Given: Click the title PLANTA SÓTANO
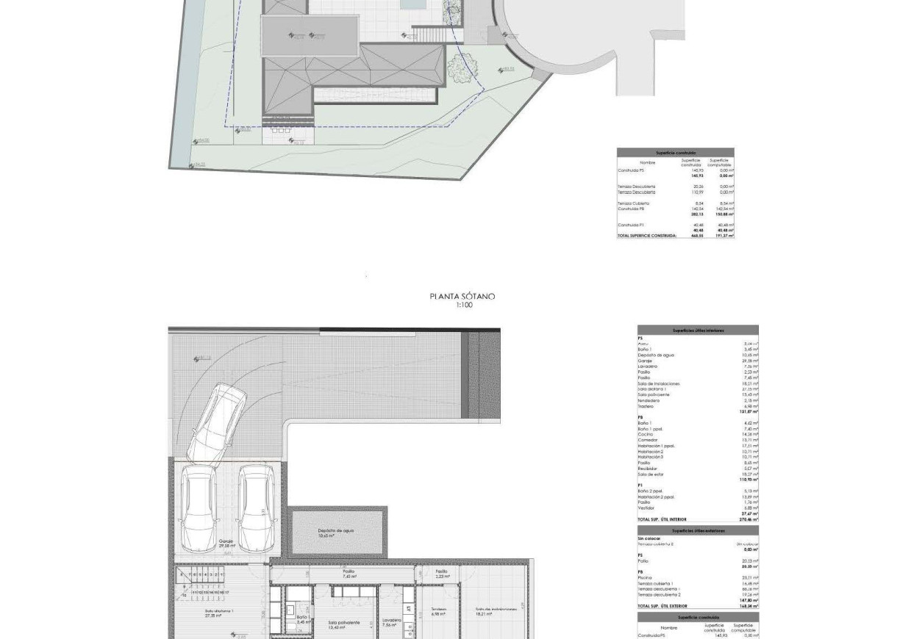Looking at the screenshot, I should click(x=462, y=297).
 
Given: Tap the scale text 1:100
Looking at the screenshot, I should click(x=464, y=306).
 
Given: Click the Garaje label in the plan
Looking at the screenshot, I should click(x=226, y=543).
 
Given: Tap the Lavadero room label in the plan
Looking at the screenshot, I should click(x=392, y=622).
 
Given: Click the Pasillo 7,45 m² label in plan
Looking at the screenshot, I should click(x=349, y=573).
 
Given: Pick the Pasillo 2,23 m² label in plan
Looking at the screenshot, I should click(x=441, y=573).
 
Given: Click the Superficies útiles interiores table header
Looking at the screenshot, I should click(x=698, y=331).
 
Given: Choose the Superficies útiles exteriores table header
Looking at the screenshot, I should click(x=698, y=530).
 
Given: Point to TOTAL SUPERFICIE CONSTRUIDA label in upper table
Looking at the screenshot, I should click(x=647, y=236).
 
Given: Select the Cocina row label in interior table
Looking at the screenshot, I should click(x=645, y=434).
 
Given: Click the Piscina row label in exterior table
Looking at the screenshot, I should click(x=645, y=578).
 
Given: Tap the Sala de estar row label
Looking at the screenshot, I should click(x=651, y=474).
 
